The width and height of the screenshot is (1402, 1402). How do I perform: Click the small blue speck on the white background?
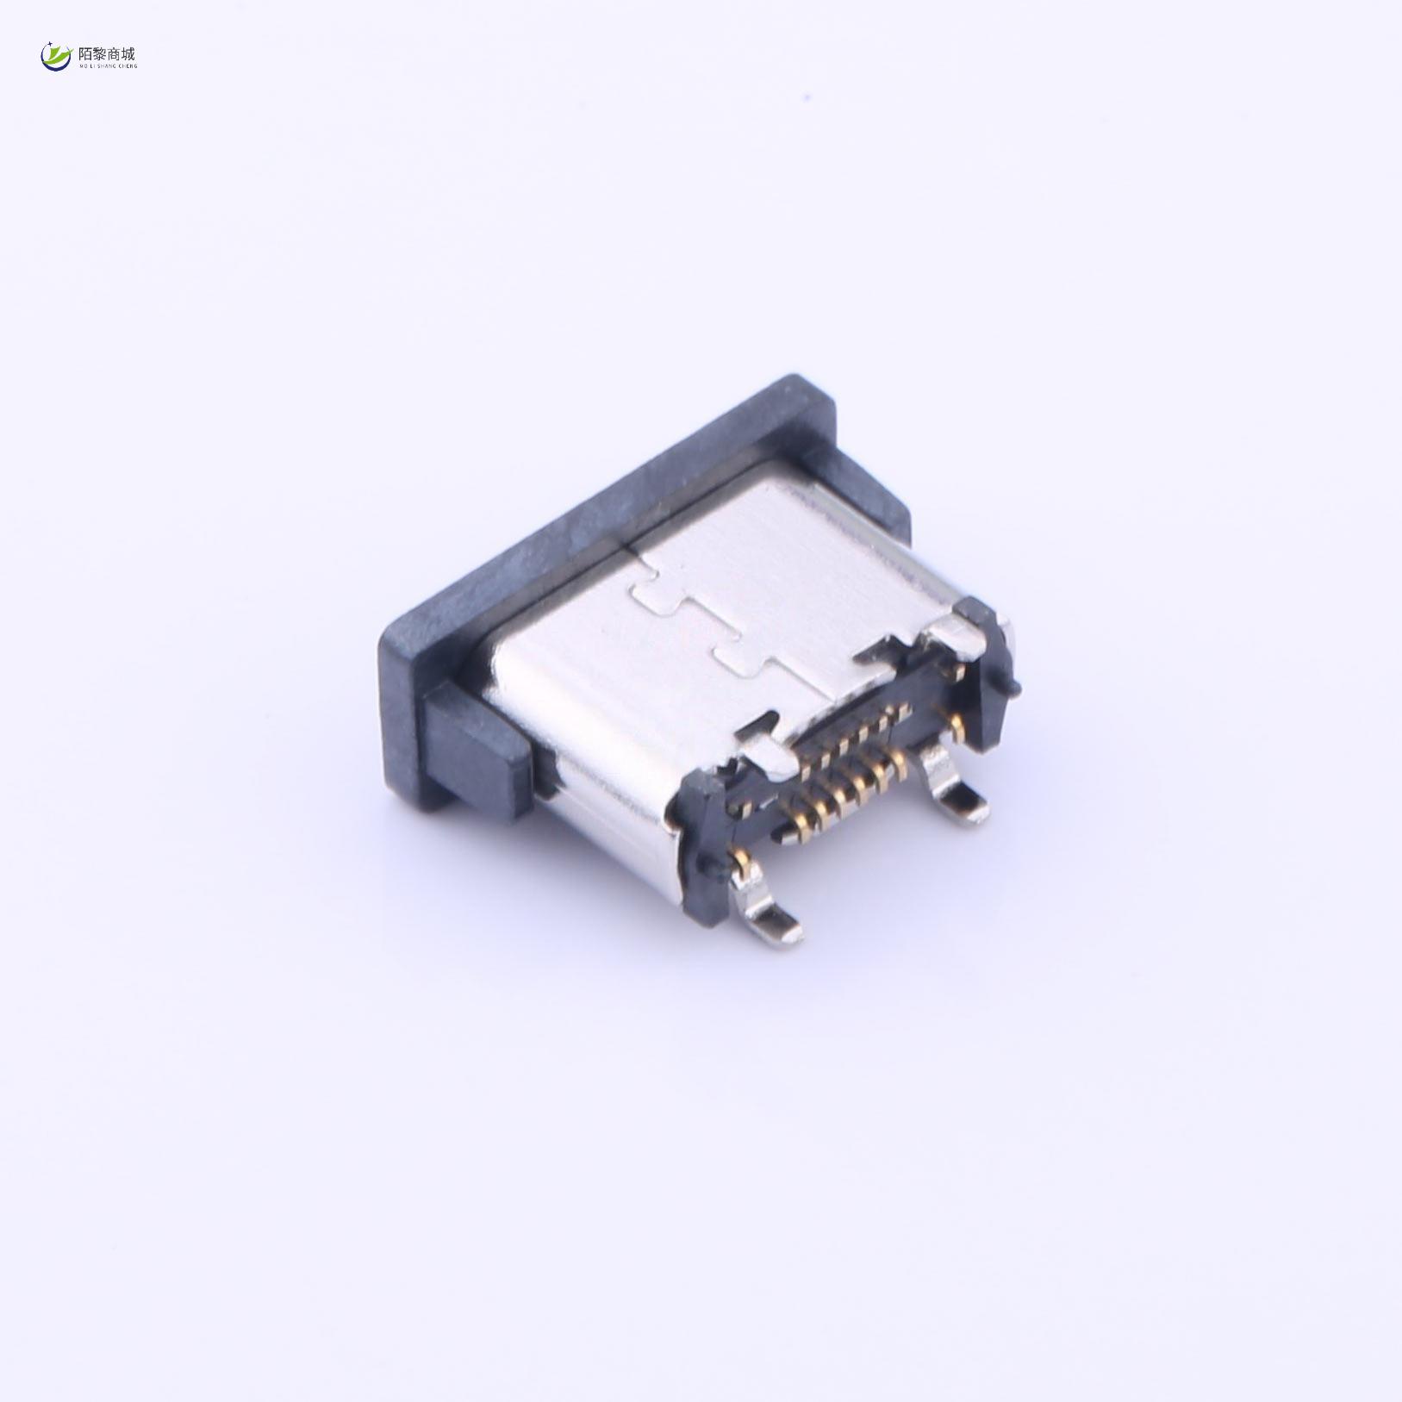coord(204,96)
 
